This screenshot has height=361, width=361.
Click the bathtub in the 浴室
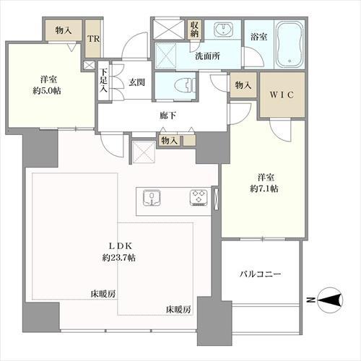point(290,45)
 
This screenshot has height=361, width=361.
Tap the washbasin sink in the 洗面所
point(224,29)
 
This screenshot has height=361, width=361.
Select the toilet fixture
point(183,86)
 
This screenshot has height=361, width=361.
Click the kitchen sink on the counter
point(152,198)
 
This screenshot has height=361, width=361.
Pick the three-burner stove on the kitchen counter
point(199,198)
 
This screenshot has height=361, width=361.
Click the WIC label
point(282,95)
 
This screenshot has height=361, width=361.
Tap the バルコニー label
point(260,274)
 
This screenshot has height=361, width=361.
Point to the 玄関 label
point(136,82)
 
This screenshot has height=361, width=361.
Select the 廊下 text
point(168,116)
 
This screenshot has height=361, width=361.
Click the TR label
point(93,39)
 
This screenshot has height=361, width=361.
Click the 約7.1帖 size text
point(264,188)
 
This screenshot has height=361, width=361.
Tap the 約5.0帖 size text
point(47,91)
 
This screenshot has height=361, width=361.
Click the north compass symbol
point(330,300)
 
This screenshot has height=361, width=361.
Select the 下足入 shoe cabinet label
point(103,80)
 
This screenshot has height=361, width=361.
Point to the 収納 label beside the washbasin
point(194,30)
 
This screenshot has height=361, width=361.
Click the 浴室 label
point(258,37)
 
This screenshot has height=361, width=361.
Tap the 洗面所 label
point(207,56)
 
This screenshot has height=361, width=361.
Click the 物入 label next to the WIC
point(243,85)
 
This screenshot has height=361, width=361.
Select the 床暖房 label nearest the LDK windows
point(178,310)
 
